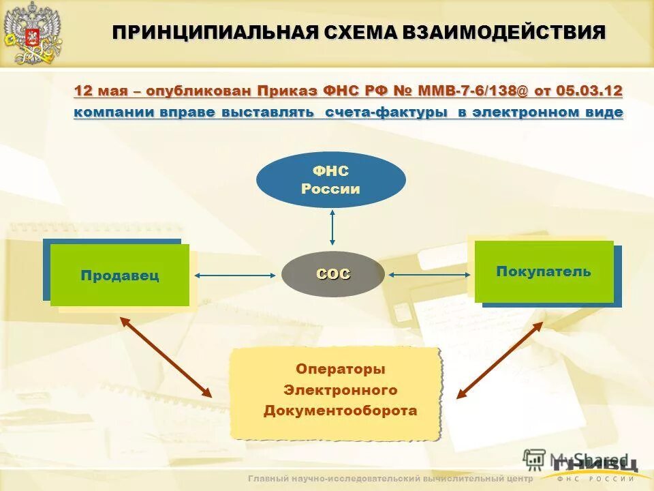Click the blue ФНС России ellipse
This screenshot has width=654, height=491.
[x=330, y=180]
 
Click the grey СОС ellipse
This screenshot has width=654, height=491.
[x=333, y=274]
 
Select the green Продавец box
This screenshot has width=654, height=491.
[x=120, y=276]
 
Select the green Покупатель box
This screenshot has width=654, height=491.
[x=544, y=271]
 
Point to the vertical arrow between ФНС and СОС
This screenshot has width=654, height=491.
[x=332, y=227]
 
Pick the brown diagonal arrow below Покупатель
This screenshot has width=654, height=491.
[x=499, y=359]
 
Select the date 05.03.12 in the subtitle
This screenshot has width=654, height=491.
[x=589, y=91]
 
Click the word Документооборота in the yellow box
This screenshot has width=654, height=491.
[x=340, y=411]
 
